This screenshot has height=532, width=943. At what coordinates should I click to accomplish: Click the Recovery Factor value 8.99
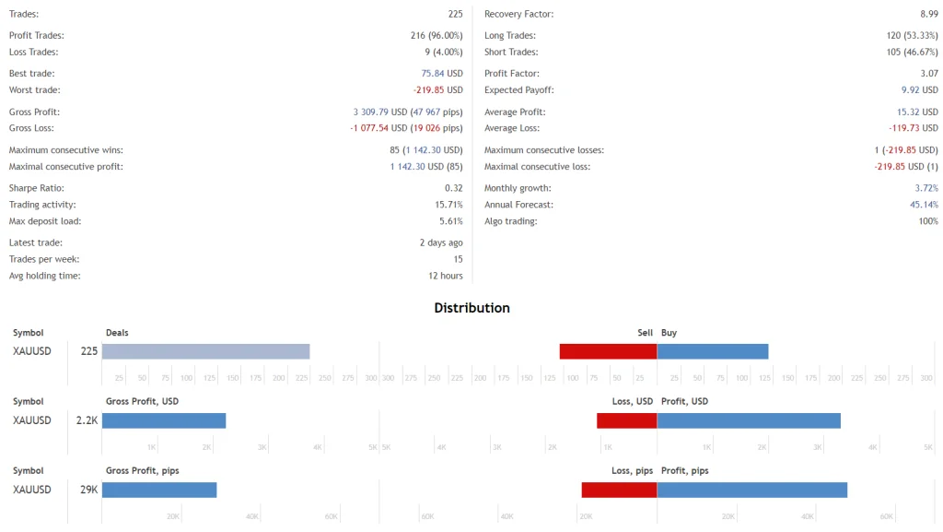tap(928, 14)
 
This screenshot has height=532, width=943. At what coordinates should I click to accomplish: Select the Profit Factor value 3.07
tap(928, 73)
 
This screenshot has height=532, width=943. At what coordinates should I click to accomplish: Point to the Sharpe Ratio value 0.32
tap(453, 188)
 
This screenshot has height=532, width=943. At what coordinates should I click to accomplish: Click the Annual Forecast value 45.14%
tap(924, 205)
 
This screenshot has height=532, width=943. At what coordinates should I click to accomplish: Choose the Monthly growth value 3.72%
tap(926, 188)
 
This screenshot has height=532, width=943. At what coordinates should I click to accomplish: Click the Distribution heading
tap(471, 308)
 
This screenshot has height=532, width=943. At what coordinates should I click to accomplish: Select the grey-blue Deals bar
tap(205, 351)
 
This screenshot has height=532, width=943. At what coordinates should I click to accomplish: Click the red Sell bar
tap(608, 351)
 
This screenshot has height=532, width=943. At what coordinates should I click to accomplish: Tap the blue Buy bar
tap(713, 351)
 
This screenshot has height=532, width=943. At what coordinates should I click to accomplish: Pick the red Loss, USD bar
tap(626, 420)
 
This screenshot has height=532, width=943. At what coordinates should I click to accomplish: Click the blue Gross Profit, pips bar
tap(159, 490)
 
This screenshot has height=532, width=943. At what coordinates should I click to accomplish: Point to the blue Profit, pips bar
tap(751, 490)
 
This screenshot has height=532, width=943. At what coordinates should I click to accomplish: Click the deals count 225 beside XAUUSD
tap(88, 351)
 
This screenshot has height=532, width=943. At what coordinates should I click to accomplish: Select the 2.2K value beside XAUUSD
tap(87, 420)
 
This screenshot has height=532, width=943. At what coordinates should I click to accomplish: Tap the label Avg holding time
tap(44, 276)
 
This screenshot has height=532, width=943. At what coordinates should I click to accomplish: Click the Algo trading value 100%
tap(927, 221)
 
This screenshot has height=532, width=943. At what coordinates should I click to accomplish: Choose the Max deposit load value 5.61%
tap(450, 221)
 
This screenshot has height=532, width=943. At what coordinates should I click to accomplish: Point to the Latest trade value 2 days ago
tap(441, 242)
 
